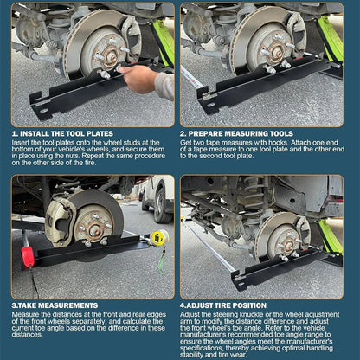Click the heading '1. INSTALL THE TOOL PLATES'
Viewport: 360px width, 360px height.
[x=61, y=133]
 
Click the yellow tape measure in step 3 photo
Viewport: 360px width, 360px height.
[x=158, y=238]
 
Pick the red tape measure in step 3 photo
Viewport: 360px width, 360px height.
[x=27, y=256]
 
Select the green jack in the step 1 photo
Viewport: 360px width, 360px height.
[x=163, y=43]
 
